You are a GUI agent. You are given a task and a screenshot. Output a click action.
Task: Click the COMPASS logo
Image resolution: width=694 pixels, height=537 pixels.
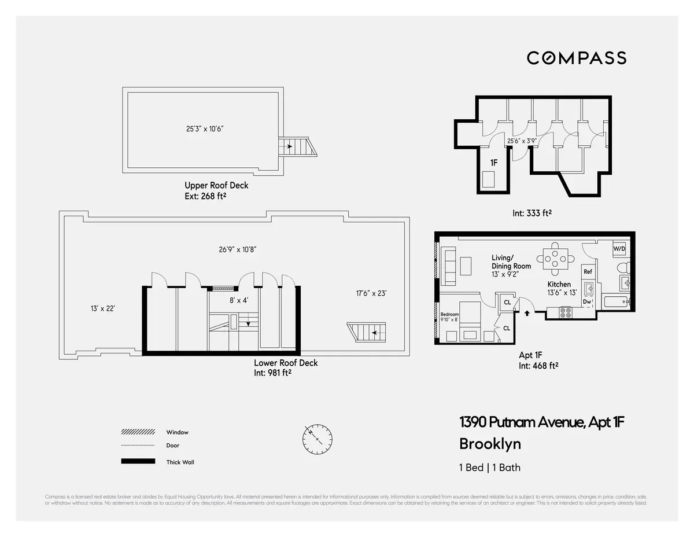576,58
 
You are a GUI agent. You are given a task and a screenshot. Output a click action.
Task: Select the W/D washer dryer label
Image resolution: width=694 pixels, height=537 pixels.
619,248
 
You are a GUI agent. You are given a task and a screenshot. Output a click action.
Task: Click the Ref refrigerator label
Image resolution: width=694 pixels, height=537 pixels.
588,271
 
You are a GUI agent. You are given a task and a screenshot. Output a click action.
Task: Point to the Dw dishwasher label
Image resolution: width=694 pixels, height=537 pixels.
587,301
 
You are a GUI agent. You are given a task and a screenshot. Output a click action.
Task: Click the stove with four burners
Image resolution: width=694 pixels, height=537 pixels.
566,313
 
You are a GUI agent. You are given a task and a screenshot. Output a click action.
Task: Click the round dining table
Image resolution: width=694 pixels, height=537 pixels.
555,259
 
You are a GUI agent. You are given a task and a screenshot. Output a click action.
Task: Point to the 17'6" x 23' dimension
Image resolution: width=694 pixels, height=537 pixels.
371,293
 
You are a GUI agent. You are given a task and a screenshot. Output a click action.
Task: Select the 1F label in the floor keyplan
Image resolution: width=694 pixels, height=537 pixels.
494,164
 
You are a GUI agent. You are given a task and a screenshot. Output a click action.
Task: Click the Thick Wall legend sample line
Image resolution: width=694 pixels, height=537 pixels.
138,461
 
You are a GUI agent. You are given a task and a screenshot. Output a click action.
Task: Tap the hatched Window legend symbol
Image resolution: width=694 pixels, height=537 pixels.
138,432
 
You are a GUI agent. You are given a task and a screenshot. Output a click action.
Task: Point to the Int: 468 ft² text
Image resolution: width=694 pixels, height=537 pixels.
538,365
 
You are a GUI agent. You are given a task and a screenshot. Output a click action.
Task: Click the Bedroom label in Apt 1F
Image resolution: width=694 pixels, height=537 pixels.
449,314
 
